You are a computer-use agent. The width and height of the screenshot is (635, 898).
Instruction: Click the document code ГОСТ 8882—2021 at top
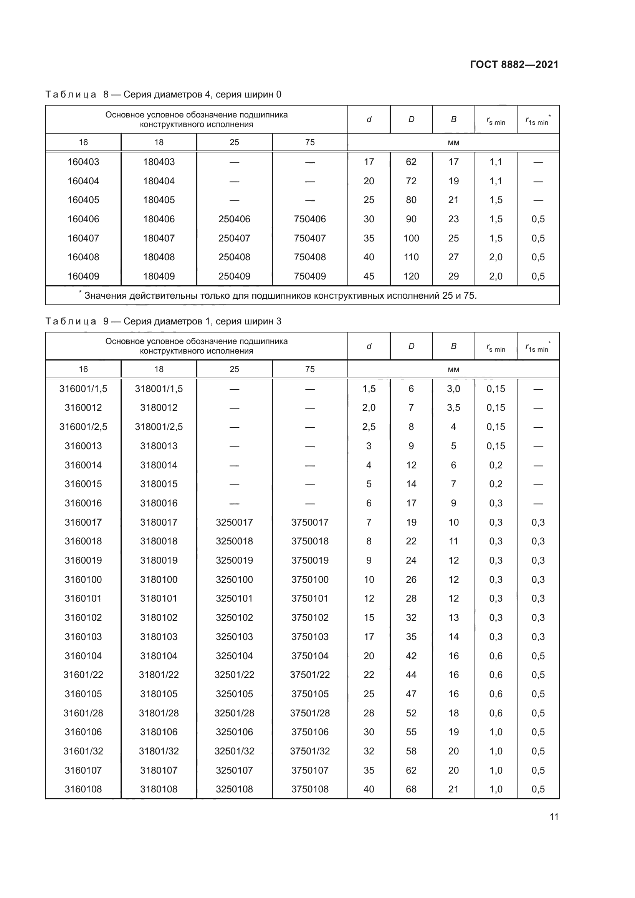[514, 64]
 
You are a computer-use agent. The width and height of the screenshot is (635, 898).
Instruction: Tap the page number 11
[554, 817]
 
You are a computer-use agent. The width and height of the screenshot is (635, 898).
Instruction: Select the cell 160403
[83, 162]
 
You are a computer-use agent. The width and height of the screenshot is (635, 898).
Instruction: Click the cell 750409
[310, 276]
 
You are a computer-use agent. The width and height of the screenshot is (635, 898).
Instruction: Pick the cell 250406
[234, 219]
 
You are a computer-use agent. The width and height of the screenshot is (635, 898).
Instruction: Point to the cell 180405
[159, 200]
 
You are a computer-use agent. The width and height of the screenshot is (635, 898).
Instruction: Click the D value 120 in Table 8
[411, 276]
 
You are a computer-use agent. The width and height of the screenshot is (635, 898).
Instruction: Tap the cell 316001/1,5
[83, 389]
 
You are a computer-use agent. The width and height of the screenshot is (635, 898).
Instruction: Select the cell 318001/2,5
[159, 427]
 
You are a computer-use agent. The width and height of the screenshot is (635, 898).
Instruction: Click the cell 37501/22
[310, 675]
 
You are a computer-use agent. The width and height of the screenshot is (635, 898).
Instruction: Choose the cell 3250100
[234, 580]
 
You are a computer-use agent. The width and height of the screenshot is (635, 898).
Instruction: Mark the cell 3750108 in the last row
[310, 789]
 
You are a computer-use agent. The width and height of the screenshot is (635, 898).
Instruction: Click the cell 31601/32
[83, 751]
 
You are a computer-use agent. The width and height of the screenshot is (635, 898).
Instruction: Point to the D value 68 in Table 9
[411, 789]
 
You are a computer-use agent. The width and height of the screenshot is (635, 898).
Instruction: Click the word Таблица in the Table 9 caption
[71, 321]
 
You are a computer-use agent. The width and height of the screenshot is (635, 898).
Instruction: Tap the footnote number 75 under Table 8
[469, 296]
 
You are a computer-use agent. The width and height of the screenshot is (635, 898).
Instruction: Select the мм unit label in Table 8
[453, 143]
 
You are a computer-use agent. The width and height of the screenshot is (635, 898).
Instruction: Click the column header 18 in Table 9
[159, 369]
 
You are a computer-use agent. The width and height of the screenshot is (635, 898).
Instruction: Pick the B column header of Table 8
[453, 119]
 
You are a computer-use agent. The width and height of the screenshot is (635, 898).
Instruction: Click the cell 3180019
[159, 561]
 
